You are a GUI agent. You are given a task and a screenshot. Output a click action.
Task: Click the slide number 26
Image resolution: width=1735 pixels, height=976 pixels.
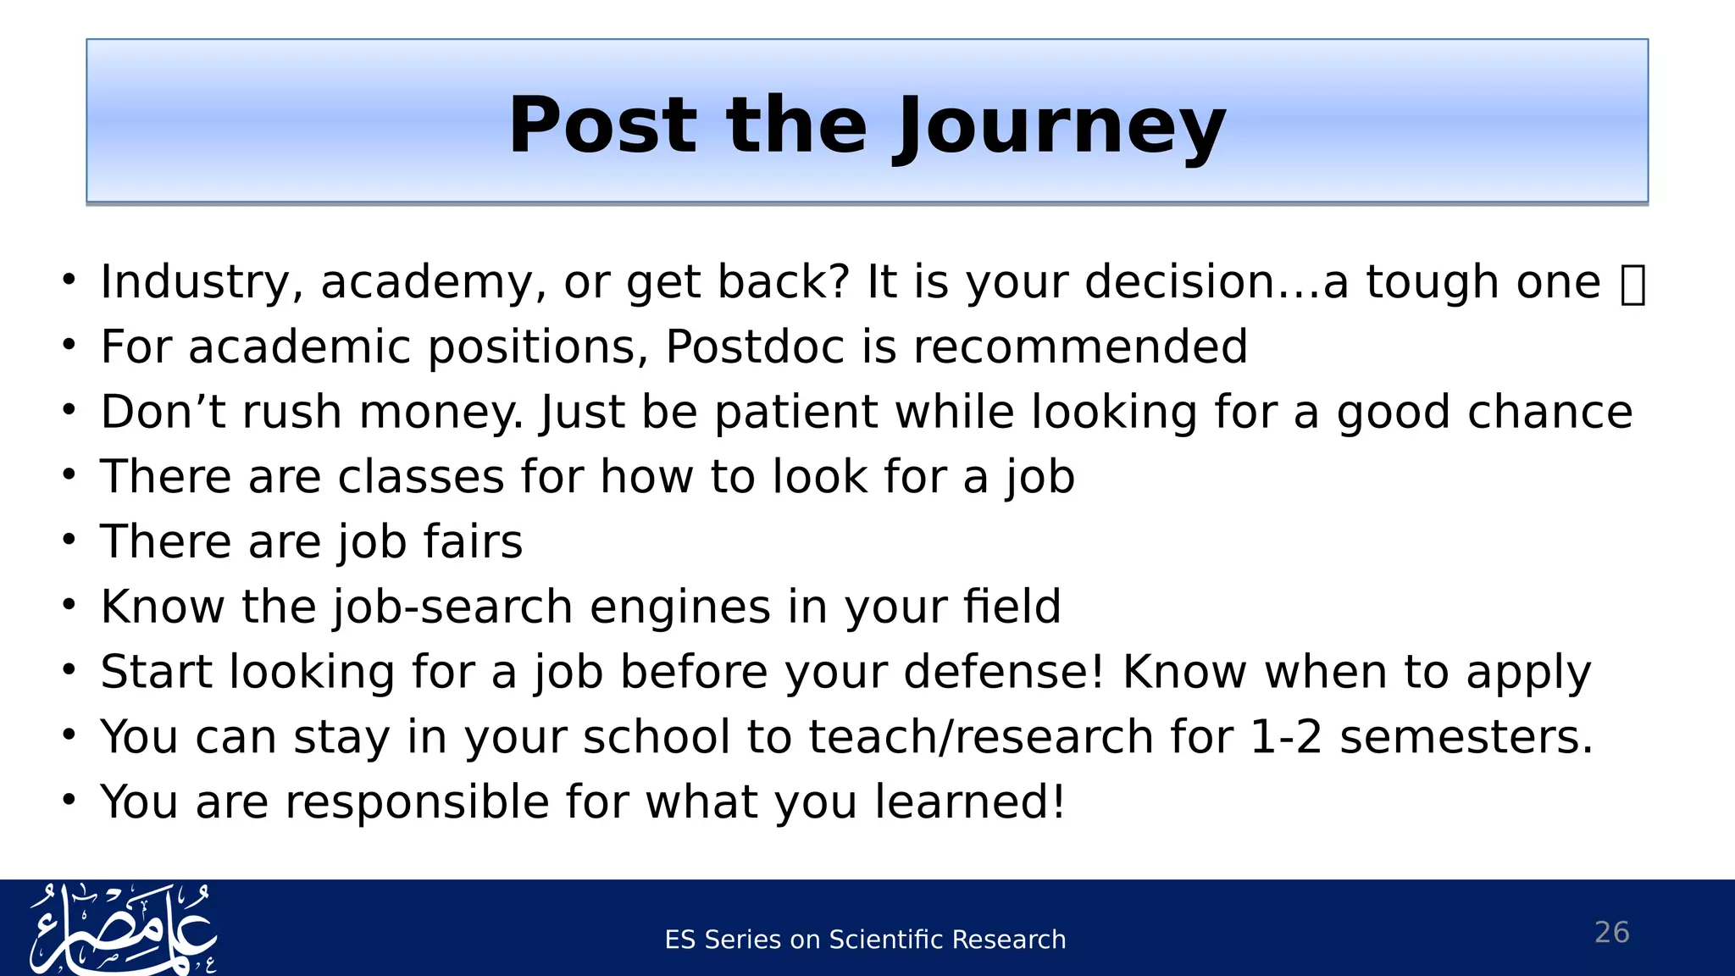[1611, 932]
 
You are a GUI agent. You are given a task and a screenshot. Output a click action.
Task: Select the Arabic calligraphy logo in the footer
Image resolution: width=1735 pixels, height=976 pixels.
[123, 929]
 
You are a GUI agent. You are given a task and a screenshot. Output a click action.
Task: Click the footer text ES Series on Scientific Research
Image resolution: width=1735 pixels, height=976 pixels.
[865, 940]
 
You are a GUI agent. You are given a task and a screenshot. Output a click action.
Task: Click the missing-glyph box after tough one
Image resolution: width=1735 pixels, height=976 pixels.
[1632, 285]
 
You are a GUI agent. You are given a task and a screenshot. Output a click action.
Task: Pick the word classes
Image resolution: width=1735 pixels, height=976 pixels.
[421, 477]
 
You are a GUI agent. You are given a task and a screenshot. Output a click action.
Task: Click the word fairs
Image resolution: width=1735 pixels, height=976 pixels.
[473, 542]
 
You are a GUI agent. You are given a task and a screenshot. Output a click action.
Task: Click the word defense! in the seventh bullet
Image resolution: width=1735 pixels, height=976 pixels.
[1004, 672]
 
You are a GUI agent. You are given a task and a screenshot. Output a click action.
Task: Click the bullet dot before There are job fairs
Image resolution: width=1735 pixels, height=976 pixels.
[69, 540]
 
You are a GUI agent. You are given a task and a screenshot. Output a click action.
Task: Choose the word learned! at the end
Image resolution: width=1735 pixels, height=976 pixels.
[969, 801]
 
